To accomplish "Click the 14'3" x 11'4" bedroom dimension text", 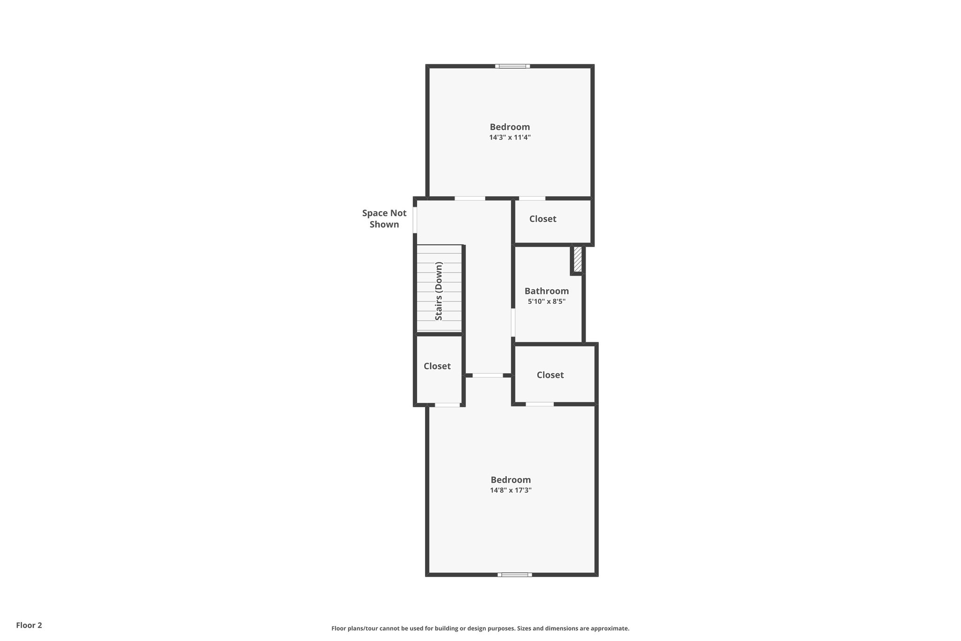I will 510,138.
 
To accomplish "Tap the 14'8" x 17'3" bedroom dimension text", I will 511,490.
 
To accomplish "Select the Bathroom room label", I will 547,291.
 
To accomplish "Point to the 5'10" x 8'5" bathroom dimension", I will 547,301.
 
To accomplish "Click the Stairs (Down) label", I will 439,291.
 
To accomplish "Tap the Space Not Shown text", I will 384,219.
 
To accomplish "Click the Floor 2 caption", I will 29,625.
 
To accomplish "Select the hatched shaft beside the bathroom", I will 578,259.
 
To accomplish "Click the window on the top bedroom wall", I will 512,66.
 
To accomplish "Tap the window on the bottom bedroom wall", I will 515,574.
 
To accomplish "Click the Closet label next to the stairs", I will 437,366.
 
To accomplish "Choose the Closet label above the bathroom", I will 542,219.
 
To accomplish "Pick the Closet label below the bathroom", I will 550,375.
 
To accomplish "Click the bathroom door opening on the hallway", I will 513,323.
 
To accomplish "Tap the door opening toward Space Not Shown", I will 415,220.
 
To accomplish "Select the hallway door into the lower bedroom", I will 488,376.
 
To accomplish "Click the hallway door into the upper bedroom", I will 470,199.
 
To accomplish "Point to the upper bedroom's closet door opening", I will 532,199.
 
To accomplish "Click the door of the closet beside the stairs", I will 447,405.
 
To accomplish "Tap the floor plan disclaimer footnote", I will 480,628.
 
